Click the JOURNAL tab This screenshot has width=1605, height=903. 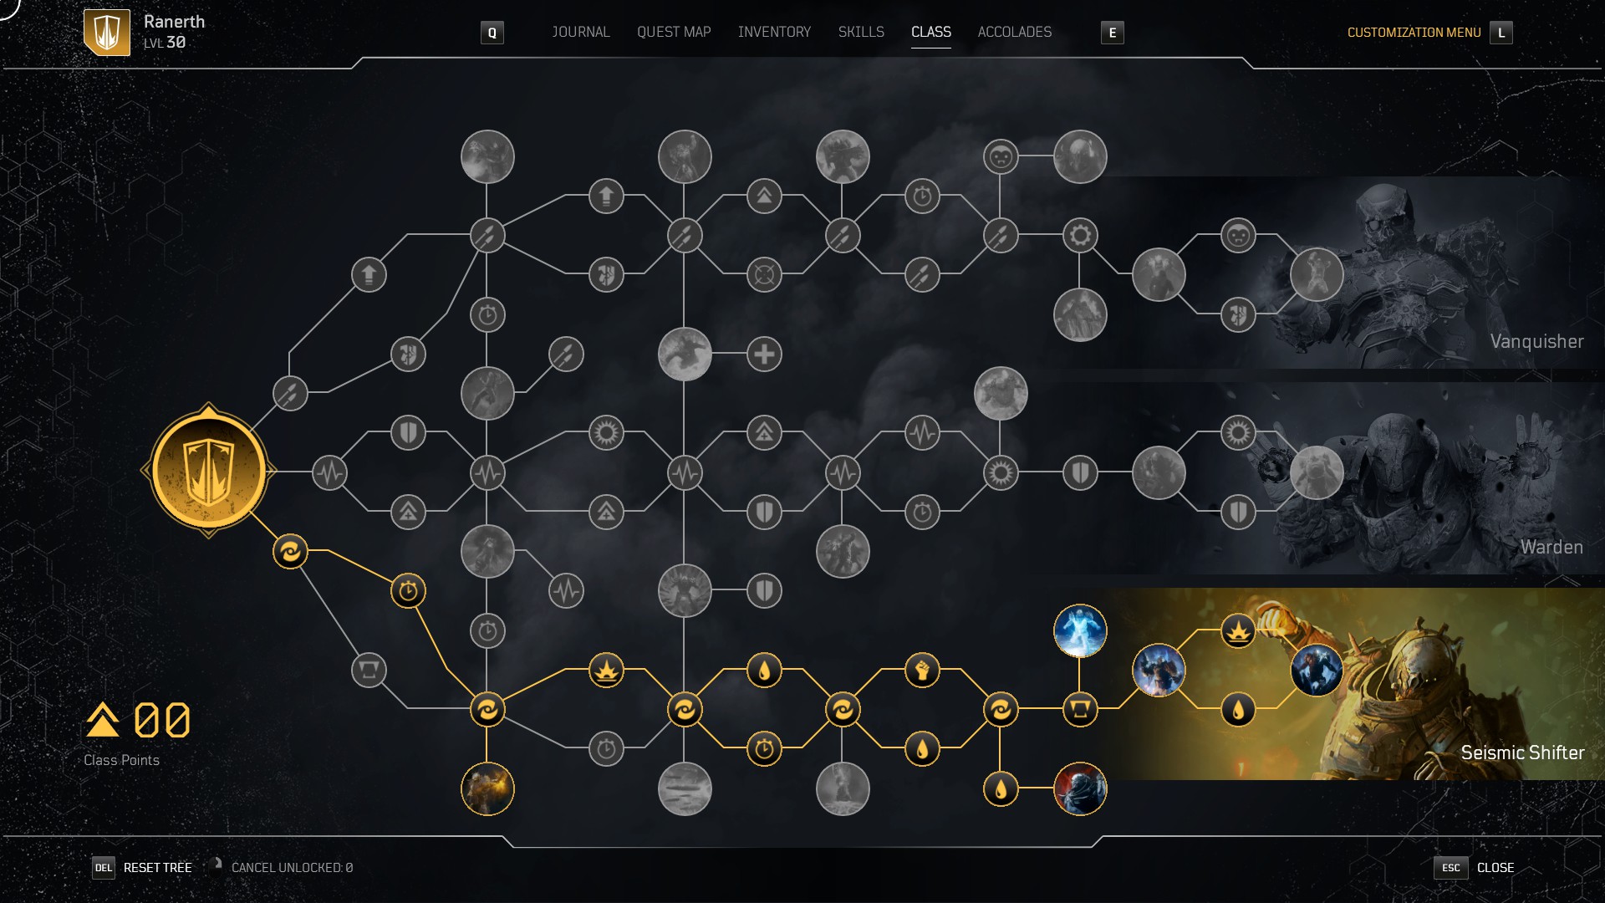click(580, 32)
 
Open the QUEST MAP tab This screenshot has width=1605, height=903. click(674, 32)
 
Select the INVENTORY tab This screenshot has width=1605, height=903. click(774, 32)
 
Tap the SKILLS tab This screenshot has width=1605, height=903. click(861, 32)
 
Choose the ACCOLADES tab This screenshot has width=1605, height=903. click(1014, 32)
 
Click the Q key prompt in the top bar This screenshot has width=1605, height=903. click(492, 33)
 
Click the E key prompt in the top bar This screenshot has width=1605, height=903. click(1112, 33)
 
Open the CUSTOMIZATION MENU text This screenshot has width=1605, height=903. click(1414, 33)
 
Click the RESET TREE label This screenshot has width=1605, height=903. click(157, 868)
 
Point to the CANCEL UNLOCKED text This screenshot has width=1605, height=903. click(292, 868)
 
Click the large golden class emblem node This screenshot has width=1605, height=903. click(208, 472)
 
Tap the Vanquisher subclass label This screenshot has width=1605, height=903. click(1536, 341)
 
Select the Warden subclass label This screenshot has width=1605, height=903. click(1551, 547)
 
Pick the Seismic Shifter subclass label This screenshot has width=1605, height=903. click(1522, 752)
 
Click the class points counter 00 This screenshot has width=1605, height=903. click(162, 720)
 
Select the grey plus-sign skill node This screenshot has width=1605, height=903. click(764, 354)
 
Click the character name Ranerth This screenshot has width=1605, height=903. click(174, 22)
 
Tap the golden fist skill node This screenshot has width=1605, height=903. click(922, 670)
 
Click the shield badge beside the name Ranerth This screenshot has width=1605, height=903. click(107, 33)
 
